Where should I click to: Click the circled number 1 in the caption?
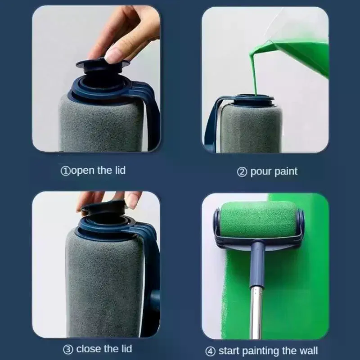[65, 171]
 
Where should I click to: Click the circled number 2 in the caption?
[242, 172]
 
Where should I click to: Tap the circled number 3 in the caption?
[68, 350]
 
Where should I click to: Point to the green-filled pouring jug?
[298, 55]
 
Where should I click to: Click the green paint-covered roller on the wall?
[258, 220]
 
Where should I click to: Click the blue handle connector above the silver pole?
[257, 264]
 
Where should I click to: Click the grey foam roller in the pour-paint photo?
[250, 128]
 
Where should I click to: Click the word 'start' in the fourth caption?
[229, 351]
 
